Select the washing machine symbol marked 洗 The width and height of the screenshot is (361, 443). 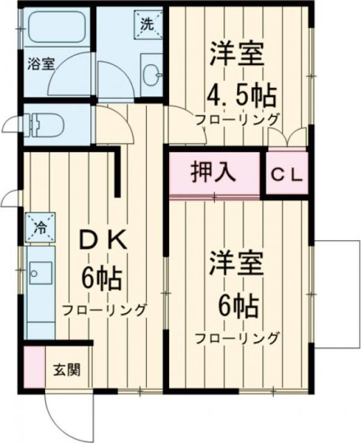point(147,23)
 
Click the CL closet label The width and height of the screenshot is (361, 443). point(286,173)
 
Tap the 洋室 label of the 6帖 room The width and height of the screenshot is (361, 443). point(236,265)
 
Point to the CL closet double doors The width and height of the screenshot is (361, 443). point(286,138)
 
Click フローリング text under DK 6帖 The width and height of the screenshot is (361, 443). point(104,309)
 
